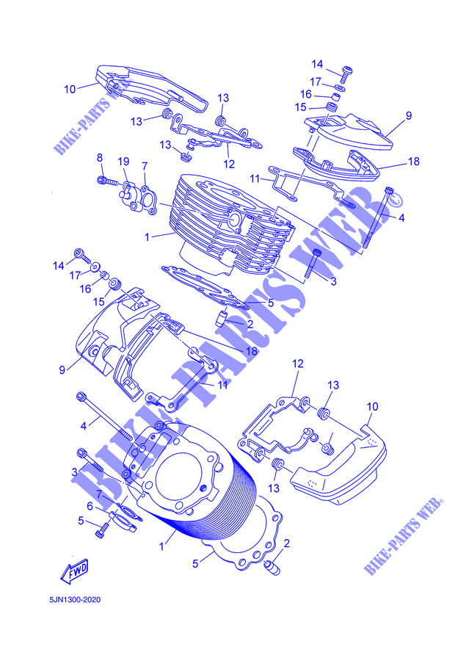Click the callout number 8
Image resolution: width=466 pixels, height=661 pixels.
[x=99, y=158]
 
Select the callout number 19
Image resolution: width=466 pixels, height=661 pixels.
[x=123, y=162]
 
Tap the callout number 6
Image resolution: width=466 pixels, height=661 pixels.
[x=90, y=506]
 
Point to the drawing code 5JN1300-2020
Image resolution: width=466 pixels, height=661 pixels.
[x=75, y=599]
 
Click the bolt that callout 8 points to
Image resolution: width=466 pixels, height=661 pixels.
[x=109, y=181]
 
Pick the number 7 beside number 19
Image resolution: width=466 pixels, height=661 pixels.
[x=145, y=166]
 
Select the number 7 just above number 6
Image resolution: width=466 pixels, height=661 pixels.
[x=99, y=494]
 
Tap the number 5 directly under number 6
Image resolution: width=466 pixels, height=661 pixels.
[x=81, y=521]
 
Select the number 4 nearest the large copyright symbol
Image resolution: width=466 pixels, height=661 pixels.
[x=401, y=218]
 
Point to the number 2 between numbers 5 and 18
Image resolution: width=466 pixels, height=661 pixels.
[x=250, y=324]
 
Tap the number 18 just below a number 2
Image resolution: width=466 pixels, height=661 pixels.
[x=252, y=351]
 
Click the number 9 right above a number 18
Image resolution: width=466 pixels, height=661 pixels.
[x=409, y=115]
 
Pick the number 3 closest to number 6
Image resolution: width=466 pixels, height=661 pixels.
[x=74, y=472]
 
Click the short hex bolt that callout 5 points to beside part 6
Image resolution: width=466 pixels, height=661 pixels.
[x=103, y=529]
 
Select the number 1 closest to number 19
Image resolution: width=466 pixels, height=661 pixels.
[x=147, y=237]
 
